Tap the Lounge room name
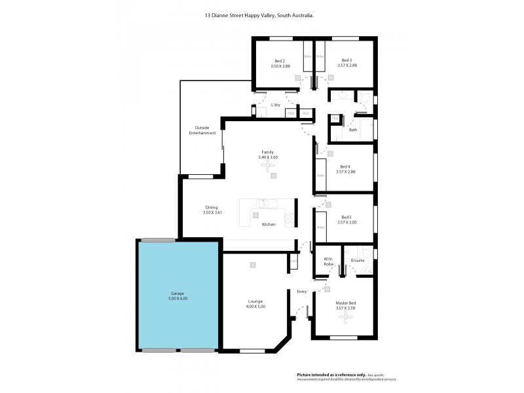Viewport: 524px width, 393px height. tap(255, 301)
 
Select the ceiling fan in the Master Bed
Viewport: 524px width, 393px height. tap(345, 318)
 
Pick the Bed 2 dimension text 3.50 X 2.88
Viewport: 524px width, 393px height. tap(280, 66)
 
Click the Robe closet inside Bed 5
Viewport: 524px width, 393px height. tap(321, 227)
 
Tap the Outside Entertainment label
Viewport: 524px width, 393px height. tap(202, 130)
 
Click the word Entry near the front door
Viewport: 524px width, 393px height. tap(301, 291)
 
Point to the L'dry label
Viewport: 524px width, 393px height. tap(276, 105)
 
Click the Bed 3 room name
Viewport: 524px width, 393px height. tap(346, 61)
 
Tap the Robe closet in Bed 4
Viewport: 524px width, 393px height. tap(321, 174)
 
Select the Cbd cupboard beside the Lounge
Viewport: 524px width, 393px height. tap(293, 263)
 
